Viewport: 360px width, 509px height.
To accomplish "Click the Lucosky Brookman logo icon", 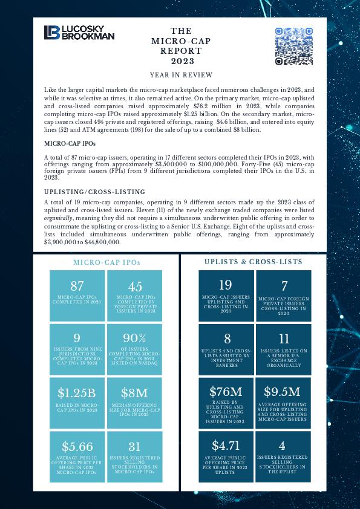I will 51,33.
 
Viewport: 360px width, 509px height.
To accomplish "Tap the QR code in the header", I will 294,46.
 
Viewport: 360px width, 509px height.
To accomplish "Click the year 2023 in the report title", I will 182,62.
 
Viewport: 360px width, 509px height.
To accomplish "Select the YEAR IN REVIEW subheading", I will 182,75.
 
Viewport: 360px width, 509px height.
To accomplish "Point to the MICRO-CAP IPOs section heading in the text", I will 70,144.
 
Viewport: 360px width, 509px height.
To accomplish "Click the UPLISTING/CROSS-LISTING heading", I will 94,192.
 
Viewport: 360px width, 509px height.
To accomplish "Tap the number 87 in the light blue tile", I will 77,287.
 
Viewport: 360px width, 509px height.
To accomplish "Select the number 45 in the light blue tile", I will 136,287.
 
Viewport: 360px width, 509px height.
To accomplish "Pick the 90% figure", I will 135,338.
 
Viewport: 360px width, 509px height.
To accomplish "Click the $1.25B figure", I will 77,394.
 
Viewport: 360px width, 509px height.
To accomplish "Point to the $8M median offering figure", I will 135,394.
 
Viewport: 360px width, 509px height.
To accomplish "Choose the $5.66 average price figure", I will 77,447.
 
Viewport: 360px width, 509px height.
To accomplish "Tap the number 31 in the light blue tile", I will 135,447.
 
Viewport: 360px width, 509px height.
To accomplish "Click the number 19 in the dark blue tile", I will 226,285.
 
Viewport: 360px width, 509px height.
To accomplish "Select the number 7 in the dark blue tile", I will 284,287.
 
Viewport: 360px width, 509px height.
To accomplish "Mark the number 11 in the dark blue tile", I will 284,339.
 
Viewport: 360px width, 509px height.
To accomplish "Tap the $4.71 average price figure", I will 226,446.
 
